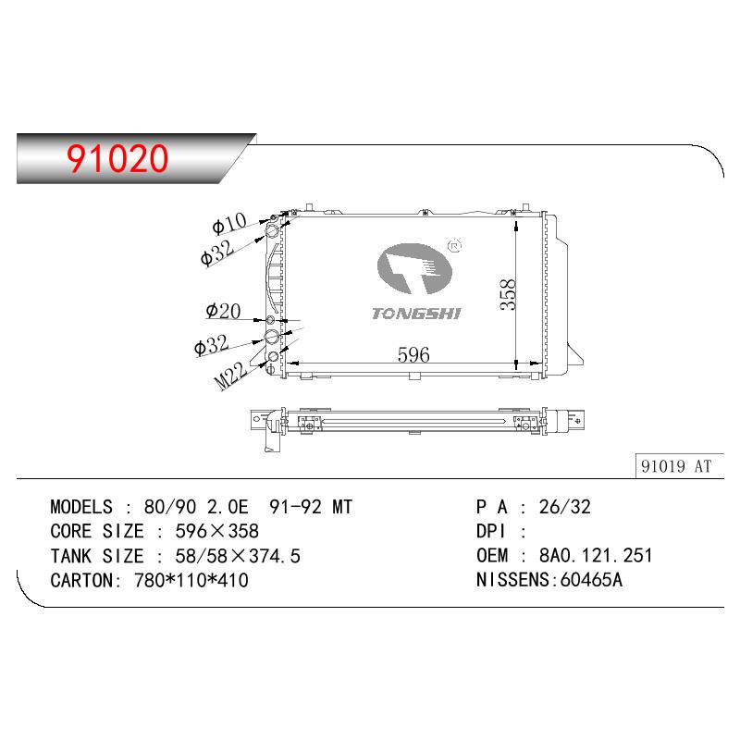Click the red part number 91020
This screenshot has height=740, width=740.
pos(117,158)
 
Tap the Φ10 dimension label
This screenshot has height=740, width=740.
pos(229,223)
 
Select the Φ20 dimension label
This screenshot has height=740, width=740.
pos(223,311)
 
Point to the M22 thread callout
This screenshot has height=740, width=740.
pos(230,376)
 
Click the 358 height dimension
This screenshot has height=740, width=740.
pos(508,294)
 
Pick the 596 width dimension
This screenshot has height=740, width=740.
pos(413,355)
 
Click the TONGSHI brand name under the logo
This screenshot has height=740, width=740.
pos(416,314)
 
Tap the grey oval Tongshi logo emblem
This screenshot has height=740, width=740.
pos(414,268)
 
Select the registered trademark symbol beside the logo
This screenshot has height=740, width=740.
pos(454,246)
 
